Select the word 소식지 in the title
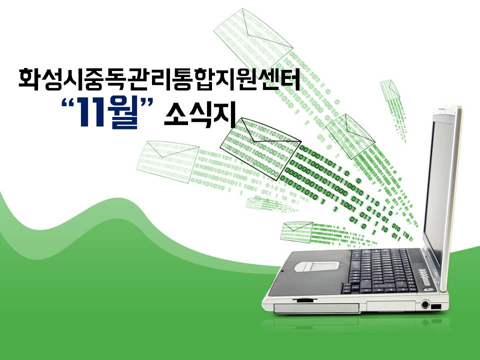(200, 114)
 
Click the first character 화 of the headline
(29, 78)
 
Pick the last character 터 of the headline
(289, 78)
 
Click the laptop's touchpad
(316, 265)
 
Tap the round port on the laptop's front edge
(424, 304)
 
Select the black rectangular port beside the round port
(436, 306)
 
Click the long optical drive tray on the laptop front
(316, 308)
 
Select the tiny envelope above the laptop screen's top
(390, 90)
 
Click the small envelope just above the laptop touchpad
(296, 231)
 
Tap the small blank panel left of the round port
(391, 306)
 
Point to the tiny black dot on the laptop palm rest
(282, 271)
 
